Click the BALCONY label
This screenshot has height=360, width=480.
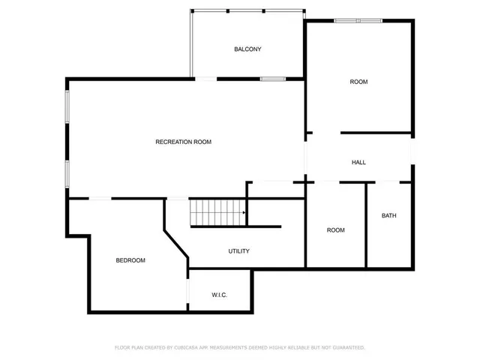pos(247,49)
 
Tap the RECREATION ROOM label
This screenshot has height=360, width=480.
pos(183,142)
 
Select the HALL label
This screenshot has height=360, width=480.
pos(358,162)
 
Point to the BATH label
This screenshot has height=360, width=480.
pos(388,216)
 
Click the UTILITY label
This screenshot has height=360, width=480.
pos(239,251)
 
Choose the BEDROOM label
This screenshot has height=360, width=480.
pos(130,260)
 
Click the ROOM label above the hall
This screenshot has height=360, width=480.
pos(358,81)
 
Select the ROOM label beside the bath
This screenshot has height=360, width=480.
pos(335,230)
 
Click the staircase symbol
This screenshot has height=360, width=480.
pos(217,213)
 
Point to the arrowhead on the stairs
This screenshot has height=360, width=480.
pos(244,213)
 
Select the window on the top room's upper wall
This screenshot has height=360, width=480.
pos(358,21)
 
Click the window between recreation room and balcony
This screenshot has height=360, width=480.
pos(271,78)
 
